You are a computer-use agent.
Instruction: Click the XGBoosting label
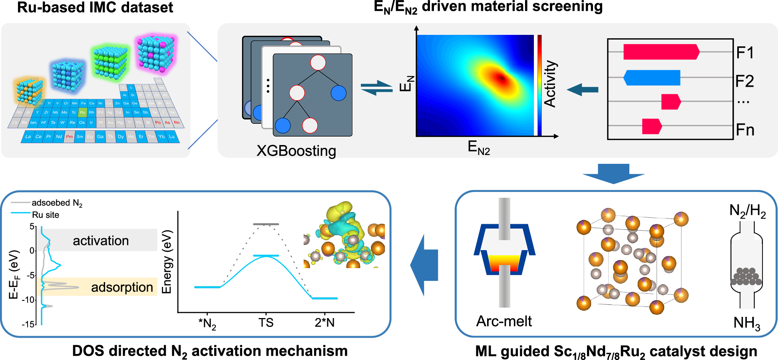pyautogui.click(x=296, y=151)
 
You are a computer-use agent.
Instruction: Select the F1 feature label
pyautogui.click(x=745, y=53)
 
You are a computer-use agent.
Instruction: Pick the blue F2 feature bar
pyautogui.click(x=652, y=78)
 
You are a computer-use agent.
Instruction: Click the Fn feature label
pyautogui.click(x=745, y=130)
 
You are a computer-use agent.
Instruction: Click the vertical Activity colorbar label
pyautogui.click(x=550, y=84)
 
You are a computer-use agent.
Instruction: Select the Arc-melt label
pyautogui.click(x=504, y=321)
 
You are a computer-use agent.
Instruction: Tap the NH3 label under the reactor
pyautogui.click(x=746, y=323)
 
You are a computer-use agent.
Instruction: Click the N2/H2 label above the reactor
pyautogui.click(x=747, y=211)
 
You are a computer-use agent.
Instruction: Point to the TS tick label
pyautogui.click(x=266, y=322)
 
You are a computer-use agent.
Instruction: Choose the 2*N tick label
pyautogui.click(x=324, y=322)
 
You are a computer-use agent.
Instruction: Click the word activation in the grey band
pyautogui.click(x=101, y=241)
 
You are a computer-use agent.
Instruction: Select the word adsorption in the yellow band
pyautogui.click(x=122, y=287)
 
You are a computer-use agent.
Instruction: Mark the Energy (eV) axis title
pyautogui.click(x=166, y=262)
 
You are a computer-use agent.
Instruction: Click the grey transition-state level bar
pyautogui.click(x=266, y=224)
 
